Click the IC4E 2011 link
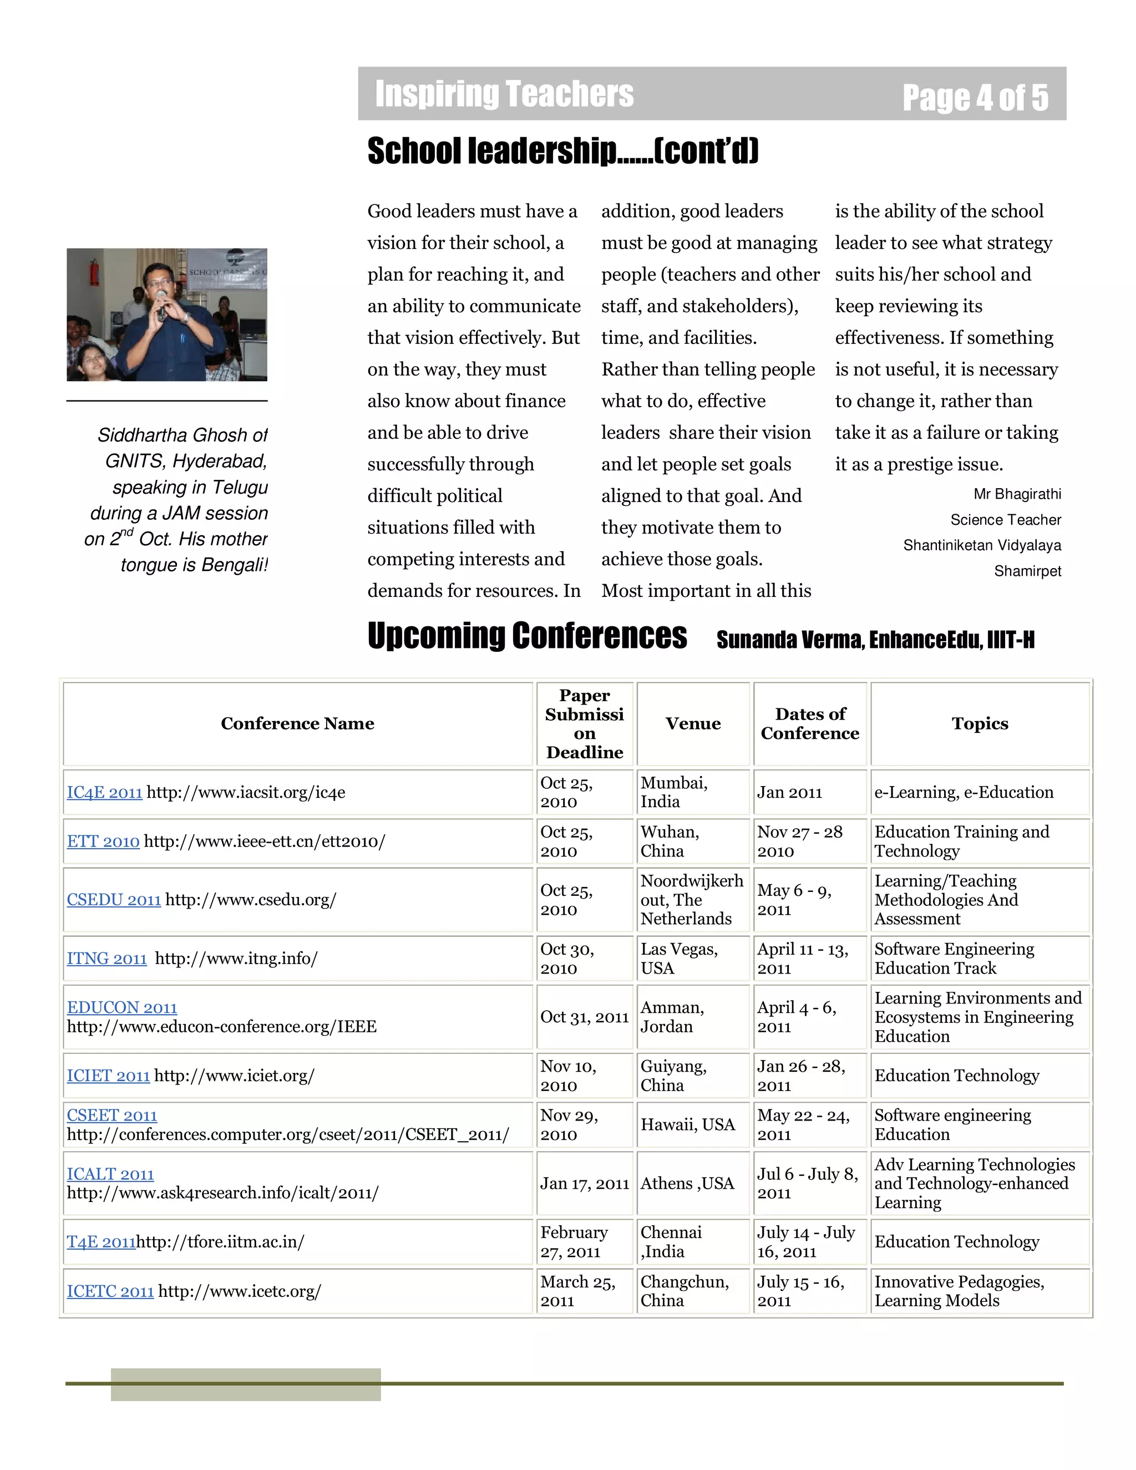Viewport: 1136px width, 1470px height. pos(104,792)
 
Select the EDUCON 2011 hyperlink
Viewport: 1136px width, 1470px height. pos(122,1007)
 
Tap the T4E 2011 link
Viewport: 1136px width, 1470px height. pos(101,1242)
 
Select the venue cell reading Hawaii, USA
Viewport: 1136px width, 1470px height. pos(687,1125)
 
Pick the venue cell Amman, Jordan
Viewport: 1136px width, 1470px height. pos(672,1017)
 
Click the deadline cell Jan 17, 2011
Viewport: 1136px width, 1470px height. pos(584,1183)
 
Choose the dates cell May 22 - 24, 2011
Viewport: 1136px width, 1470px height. pos(803,1125)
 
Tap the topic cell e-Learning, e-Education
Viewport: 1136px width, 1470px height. pos(963,792)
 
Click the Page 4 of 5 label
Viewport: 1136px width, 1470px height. pos(975,98)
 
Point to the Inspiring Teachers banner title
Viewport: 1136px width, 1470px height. pos(504,94)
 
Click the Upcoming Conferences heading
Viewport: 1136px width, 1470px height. pos(527,636)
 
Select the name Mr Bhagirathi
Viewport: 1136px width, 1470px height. pos(1017,494)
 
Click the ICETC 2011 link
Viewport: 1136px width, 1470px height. pos(110,1291)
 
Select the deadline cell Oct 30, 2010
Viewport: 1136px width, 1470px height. pos(567,959)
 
